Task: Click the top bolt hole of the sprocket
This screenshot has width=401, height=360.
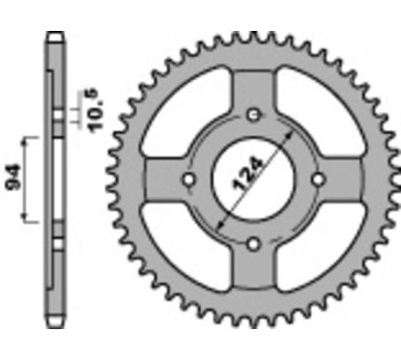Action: point(253,117)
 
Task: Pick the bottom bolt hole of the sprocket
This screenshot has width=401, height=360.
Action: point(253,242)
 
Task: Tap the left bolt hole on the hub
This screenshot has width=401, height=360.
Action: point(190,180)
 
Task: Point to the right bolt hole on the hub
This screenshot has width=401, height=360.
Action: point(316,180)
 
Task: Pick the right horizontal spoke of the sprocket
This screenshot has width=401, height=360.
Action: point(345,180)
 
